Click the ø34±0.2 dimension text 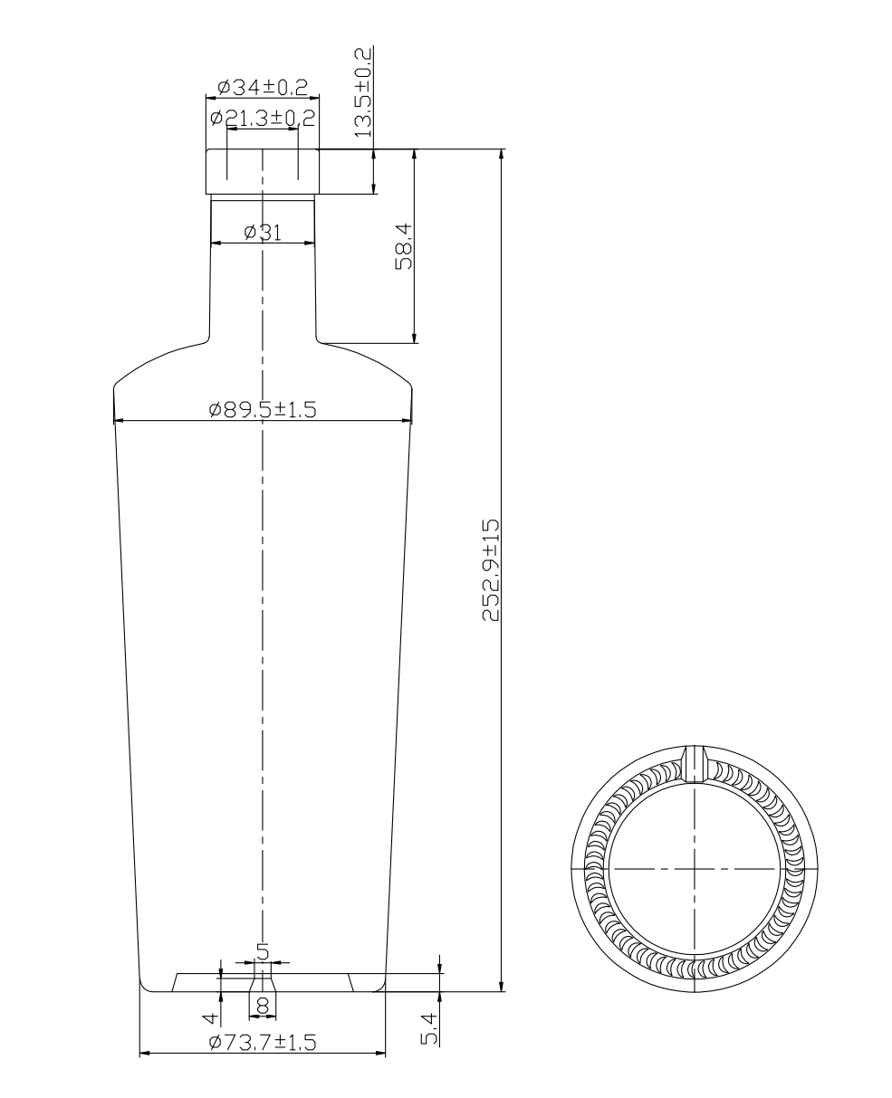[263, 88]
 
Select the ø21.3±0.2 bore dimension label [263, 118]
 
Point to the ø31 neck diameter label [263, 233]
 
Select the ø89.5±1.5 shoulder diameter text [263, 409]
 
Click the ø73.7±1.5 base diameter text [263, 1043]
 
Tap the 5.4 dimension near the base [431, 1029]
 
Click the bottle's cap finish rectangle [263, 172]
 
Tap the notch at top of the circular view [695, 762]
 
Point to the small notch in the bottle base [263, 983]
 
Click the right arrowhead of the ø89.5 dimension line [407, 420]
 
